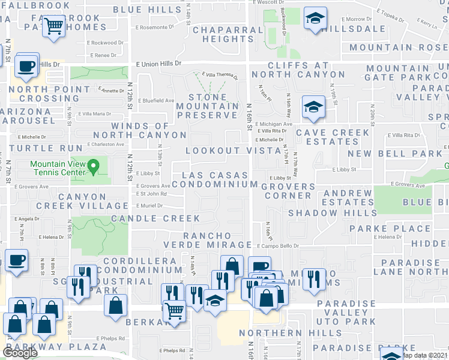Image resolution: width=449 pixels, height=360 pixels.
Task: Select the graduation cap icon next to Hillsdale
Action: coord(313,18)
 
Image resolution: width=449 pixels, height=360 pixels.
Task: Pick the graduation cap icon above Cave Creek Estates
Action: coord(312,107)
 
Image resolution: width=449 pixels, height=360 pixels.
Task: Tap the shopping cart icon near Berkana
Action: coord(174,311)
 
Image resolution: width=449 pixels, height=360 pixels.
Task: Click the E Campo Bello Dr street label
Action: coord(278,246)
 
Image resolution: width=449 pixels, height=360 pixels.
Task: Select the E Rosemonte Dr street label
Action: coord(155,27)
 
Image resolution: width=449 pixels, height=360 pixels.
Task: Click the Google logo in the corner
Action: coord(20,353)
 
